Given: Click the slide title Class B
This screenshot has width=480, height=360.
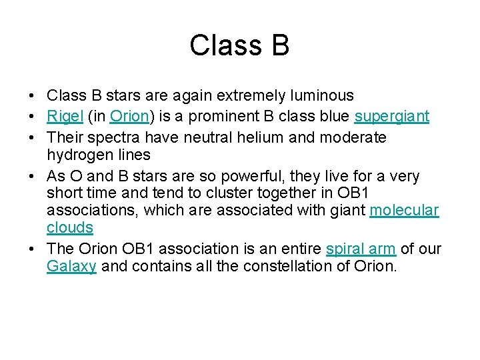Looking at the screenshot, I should tap(239, 45).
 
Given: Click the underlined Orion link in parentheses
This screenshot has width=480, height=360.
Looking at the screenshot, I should tap(129, 117).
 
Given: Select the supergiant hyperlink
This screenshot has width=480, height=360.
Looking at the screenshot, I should tap(391, 117).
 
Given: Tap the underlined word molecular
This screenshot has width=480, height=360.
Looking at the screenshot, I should tap(404, 210).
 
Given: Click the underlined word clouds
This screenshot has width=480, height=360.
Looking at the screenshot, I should tap(70, 227).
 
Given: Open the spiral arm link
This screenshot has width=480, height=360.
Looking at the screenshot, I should tap(361, 249).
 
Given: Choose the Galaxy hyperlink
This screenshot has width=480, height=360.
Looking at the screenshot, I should tap(71, 267).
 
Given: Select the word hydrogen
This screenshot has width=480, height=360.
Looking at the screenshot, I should tap(77, 155).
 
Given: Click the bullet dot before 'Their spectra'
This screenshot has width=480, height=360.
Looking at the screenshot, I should tap(33, 138).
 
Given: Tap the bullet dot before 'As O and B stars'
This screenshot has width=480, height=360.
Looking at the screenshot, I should tap(33, 177).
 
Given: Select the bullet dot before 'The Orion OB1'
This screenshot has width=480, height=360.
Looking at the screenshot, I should tap(33, 249).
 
